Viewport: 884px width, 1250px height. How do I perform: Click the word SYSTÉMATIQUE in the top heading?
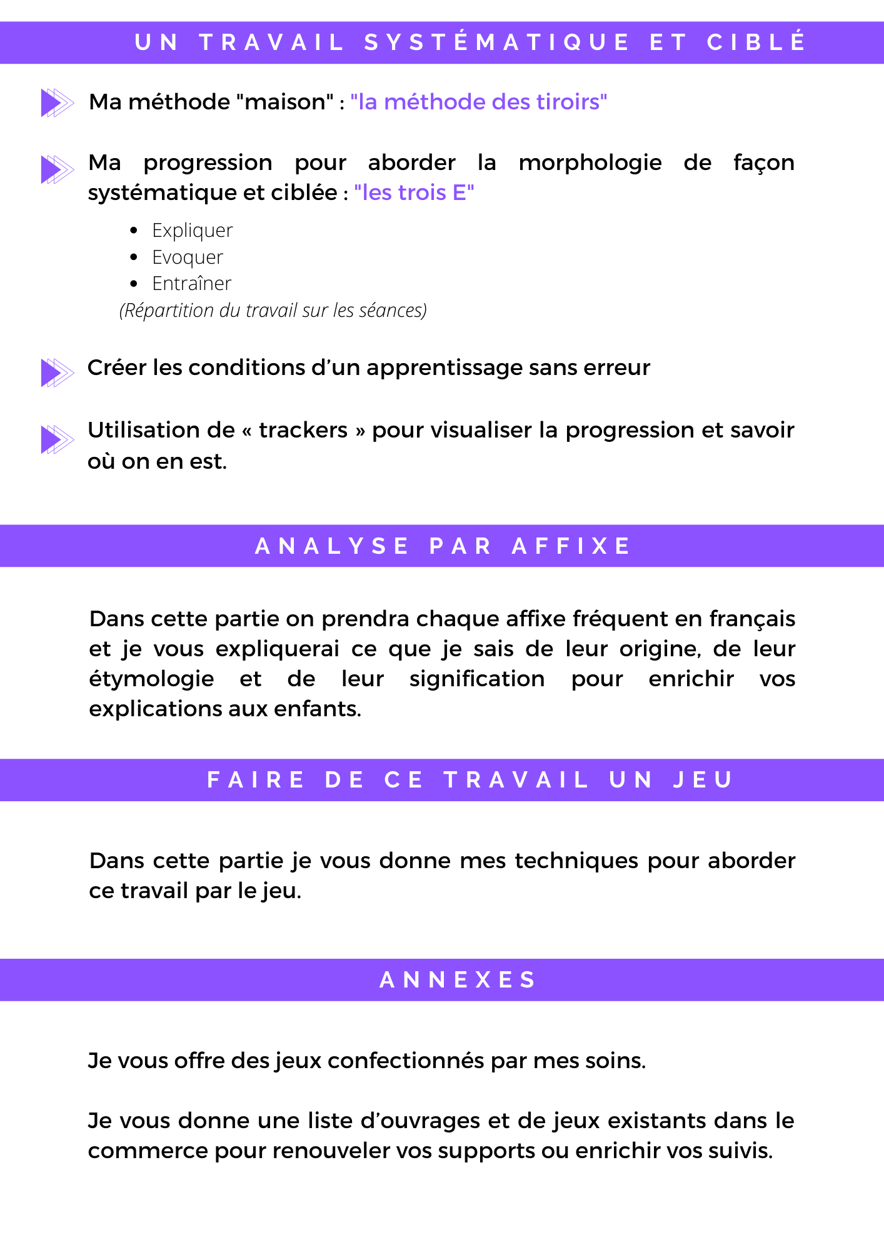point(497,42)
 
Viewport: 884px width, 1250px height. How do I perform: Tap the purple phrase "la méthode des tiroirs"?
point(478,102)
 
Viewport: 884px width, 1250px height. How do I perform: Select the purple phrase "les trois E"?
point(414,192)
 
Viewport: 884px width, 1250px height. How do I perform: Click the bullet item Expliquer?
point(192,231)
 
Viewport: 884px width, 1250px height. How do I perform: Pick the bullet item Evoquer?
point(187,257)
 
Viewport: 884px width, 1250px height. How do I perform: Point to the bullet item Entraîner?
point(191,284)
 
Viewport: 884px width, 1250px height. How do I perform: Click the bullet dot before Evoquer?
point(134,257)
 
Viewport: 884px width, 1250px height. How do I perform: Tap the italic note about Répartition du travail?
point(273,311)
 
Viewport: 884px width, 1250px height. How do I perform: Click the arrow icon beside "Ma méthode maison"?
point(57,102)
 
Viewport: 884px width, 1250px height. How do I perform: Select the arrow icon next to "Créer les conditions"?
point(57,372)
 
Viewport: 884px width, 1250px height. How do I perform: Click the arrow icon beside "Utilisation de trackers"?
point(57,439)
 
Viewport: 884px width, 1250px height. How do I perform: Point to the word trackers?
point(303,430)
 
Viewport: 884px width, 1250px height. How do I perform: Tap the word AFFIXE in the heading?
point(571,546)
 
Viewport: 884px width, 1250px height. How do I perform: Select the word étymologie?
point(151,679)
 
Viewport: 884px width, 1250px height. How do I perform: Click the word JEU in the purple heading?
point(703,780)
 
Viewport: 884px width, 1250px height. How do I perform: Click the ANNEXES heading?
point(458,980)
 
